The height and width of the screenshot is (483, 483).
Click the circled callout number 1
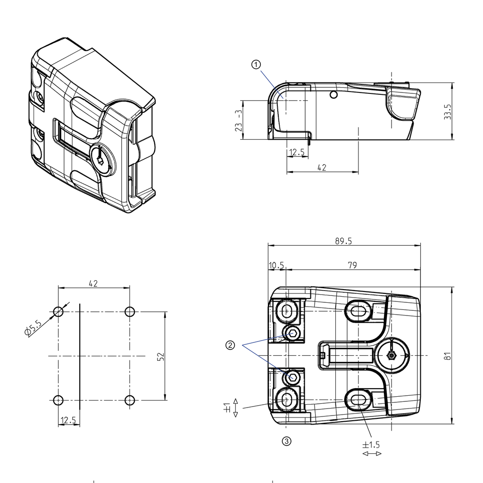[x=256, y=65]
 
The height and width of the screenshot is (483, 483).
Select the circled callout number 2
[x=230, y=345]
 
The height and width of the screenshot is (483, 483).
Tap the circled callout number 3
[x=286, y=441]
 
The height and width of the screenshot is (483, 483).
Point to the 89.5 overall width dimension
[x=343, y=241]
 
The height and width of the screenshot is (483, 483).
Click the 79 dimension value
[x=352, y=265]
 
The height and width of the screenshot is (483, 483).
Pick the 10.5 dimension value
[x=276, y=265]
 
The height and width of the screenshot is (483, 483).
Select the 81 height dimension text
[x=448, y=355]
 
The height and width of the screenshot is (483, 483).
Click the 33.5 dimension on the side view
[x=448, y=112]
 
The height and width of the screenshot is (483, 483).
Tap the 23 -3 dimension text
[x=239, y=120]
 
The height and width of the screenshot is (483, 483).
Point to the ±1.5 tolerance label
[x=371, y=444]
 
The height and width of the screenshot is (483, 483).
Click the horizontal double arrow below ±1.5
[x=372, y=454]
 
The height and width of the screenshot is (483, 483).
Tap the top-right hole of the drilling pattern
[x=130, y=312]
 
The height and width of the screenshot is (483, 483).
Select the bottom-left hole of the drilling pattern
[x=58, y=400]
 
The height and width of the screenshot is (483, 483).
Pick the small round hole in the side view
[x=334, y=95]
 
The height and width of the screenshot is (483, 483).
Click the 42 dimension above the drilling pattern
[x=93, y=283]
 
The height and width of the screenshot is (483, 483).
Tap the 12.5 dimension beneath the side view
[x=297, y=152]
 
